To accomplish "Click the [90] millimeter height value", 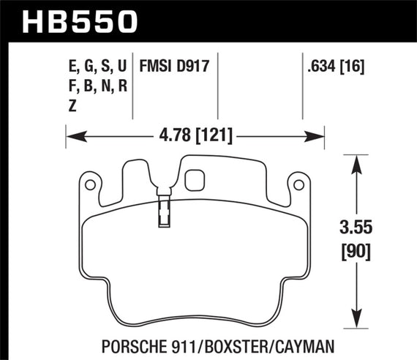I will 356,252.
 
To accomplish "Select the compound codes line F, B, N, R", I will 96,86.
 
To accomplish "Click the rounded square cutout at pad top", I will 195,179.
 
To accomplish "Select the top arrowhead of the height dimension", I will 356,160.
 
